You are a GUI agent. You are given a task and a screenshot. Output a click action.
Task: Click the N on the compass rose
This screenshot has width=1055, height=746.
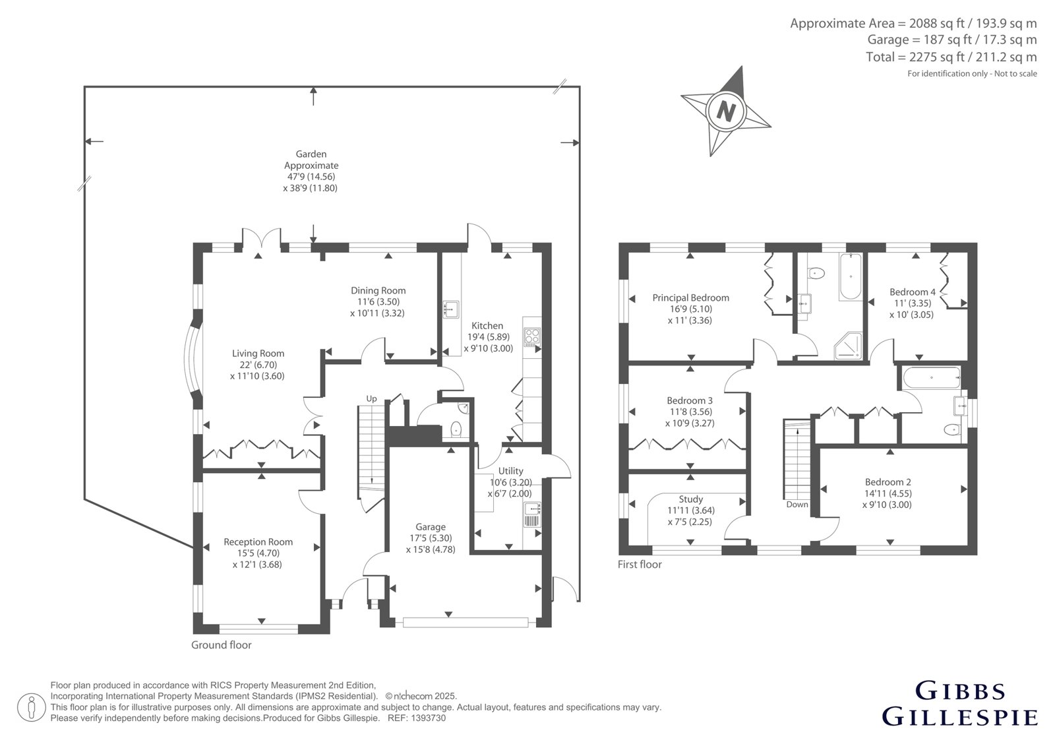(726, 111)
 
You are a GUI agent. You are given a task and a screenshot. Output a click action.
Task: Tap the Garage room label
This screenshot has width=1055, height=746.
(430, 527)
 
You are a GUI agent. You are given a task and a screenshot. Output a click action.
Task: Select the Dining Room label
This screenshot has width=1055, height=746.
(378, 291)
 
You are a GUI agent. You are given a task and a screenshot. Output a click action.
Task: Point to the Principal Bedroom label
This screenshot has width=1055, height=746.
(690, 298)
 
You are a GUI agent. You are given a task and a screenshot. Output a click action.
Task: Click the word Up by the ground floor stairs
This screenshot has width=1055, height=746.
(372, 398)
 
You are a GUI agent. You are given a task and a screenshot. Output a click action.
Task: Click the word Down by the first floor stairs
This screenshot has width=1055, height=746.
(797, 504)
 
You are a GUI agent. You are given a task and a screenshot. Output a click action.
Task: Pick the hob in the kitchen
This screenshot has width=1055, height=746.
(532, 338)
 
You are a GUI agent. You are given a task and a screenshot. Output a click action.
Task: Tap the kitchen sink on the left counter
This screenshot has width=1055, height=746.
(451, 309)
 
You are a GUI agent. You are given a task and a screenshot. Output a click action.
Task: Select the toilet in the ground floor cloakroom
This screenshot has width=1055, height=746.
(456, 430)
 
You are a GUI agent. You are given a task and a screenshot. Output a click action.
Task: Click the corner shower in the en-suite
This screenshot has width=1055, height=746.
(848, 346)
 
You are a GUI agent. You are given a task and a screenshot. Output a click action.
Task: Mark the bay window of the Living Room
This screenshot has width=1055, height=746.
(193, 359)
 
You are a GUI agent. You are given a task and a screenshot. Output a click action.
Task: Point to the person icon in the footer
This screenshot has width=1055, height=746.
(32, 707)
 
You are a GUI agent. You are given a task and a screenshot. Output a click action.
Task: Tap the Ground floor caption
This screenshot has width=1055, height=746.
(222, 644)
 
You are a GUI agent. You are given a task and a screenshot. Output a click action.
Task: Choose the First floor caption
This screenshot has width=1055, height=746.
(640, 564)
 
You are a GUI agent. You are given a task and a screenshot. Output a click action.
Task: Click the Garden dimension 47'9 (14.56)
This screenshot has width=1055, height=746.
(311, 177)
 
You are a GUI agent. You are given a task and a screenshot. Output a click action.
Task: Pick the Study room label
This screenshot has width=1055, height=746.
(690, 499)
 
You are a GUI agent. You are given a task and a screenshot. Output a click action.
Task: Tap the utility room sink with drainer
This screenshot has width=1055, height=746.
(532, 514)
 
